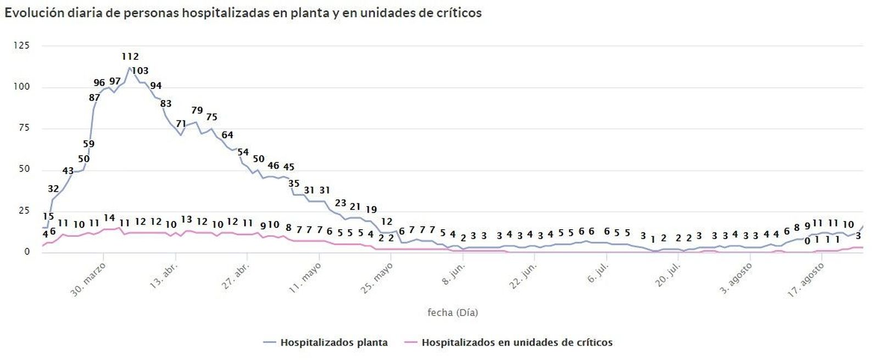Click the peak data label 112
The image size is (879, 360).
(x=130, y=57)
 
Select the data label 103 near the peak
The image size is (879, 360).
(x=140, y=71)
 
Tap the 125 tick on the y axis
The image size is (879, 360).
(x=21, y=46)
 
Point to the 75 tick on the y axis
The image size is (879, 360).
(x=24, y=128)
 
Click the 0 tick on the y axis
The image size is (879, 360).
(x=26, y=252)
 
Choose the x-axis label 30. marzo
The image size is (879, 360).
(x=88, y=280)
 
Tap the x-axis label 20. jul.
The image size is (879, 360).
(x=669, y=274)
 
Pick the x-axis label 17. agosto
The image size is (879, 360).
(x=806, y=281)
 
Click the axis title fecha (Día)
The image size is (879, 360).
(x=453, y=313)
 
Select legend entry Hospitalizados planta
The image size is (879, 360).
(x=333, y=343)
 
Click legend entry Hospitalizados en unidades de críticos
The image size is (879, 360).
(x=516, y=343)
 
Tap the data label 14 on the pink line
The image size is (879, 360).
(x=109, y=218)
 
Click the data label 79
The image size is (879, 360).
(x=197, y=110)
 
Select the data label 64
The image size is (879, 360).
(x=227, y=135)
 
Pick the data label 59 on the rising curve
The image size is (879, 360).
(x=88, y=144)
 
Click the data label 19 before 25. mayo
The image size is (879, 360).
(x=371, y=209)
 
